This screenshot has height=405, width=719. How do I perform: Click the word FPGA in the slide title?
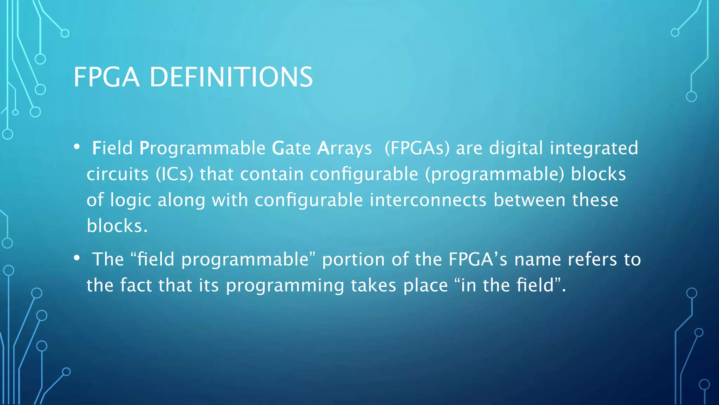[106, 77]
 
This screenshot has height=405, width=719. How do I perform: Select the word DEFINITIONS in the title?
[231, 77]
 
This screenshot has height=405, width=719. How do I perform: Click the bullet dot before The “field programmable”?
[77, 258]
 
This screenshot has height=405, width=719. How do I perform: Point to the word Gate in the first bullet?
[291, 148]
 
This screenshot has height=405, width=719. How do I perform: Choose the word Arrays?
[344, 148]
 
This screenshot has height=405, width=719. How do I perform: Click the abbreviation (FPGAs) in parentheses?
[417, 148]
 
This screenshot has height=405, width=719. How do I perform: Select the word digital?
[516, 148]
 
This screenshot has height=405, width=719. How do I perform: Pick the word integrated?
[594, 148]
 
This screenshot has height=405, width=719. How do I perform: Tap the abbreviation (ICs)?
[174, 174]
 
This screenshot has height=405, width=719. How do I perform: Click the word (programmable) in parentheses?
[495, 174]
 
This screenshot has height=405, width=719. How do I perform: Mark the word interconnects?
[428, 200]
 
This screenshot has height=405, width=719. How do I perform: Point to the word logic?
[131, 200]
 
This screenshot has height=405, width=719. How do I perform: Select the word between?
[529, 200]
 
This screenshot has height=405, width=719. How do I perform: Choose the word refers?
[592, 259]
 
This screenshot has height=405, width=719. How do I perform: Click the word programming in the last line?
[285, 285]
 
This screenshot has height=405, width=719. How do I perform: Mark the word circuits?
[118, 174]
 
